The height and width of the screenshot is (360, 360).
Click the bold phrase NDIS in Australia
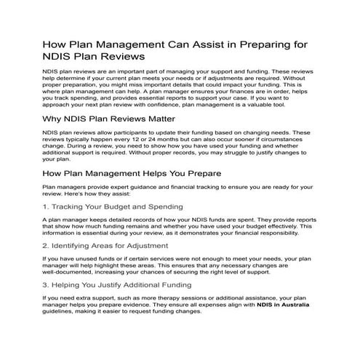[x=284, y=305]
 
